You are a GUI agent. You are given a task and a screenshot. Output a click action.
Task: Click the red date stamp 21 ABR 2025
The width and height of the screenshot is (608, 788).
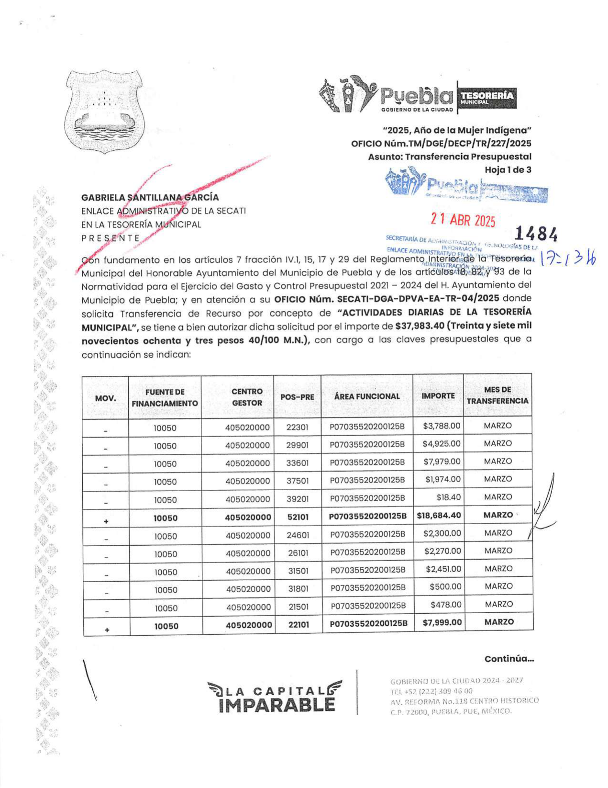coord(463,220)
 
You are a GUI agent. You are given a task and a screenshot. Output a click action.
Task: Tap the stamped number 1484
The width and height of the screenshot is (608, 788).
coord(536,234)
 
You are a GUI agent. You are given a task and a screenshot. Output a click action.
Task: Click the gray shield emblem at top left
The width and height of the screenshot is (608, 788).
coord(105,111)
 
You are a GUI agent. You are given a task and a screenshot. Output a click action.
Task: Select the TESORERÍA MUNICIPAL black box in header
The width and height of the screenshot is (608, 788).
coord(486,97)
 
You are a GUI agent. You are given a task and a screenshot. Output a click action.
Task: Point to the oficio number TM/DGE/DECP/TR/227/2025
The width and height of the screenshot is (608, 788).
coord(441,144)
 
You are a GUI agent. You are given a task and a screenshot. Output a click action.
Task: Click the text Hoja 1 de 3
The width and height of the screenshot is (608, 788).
coord(508,169)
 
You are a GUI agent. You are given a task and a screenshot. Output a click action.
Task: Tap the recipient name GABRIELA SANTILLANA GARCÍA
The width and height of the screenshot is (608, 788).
coord(150,197)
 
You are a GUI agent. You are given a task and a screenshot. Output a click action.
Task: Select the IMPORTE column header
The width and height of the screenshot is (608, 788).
coord(438,396)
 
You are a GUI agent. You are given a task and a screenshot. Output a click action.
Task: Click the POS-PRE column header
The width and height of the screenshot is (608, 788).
coord(297,397)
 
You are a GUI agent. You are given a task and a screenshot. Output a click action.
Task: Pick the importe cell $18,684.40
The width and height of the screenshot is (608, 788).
coord(439,516)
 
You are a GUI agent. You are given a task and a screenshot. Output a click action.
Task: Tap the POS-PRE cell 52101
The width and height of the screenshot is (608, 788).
coord(298,517)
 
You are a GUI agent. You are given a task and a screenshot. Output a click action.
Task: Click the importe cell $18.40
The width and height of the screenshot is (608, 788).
coord(448,497)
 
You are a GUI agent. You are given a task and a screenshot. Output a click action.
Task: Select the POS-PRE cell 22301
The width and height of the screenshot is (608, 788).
coord(297,427)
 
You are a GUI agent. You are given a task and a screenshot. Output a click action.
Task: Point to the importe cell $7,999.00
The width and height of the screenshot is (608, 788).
coord(442,622)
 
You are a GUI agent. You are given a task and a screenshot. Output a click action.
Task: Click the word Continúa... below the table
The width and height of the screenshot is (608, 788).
coord(509,659)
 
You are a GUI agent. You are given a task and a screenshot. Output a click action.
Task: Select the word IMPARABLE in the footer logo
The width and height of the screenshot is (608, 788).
coord(276,705)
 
